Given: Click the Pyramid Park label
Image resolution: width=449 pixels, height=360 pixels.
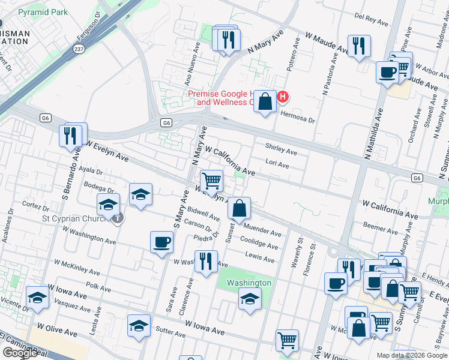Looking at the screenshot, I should tap(42, 12).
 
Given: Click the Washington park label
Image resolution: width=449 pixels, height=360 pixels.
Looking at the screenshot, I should tap(249, 283).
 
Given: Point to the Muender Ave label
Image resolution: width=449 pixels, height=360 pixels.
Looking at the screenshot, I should tap(262, 231).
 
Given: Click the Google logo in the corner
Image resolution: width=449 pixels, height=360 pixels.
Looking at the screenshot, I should tap(20, 353).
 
